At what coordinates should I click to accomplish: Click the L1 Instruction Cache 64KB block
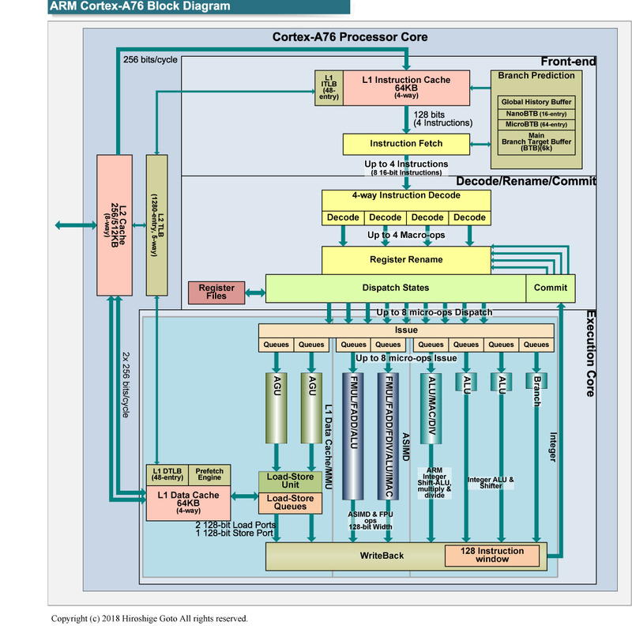point(406,86)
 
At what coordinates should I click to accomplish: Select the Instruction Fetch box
point(406,144)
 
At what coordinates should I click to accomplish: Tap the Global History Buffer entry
point(536,102)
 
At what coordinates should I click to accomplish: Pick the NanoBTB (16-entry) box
point(536,114)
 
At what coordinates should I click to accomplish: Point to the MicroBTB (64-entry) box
point(536,124)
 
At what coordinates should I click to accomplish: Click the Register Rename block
point(406,259)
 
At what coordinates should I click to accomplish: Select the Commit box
point(551,288)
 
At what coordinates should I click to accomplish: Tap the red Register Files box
point(216,292)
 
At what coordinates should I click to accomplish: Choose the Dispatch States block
point(395,288)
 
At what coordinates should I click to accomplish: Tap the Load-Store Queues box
point(291,502)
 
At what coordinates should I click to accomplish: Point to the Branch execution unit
point(536,388)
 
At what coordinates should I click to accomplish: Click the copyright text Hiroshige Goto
point(149,618)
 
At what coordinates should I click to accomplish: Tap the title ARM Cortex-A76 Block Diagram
point(141,7)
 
